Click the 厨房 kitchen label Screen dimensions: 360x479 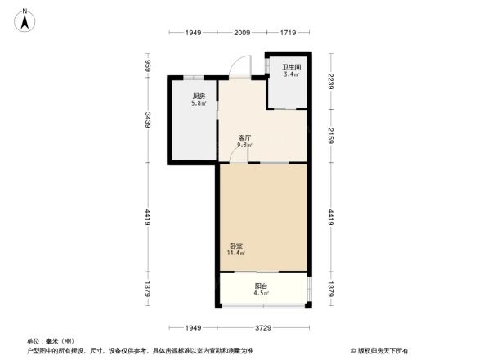click(x=199, y=97)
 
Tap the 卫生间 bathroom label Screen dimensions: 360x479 click(x=291, y=67)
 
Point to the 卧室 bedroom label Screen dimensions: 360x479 click(x=235, y=245)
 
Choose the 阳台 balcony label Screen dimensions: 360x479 click(x=261, y=286)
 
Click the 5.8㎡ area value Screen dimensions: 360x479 click(x=199, y=104)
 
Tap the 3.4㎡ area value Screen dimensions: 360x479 click(x=291, y=74)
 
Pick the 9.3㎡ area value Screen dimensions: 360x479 click(x=244, y=145)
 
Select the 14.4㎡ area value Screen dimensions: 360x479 click(x=235, y=253)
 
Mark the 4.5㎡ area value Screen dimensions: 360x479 click(x=261, y=293)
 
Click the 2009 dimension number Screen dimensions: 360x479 click(x=241, y=32)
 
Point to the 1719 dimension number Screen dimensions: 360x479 click(x=288, y=32)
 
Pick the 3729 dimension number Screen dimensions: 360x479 click(x=263, y=327)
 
